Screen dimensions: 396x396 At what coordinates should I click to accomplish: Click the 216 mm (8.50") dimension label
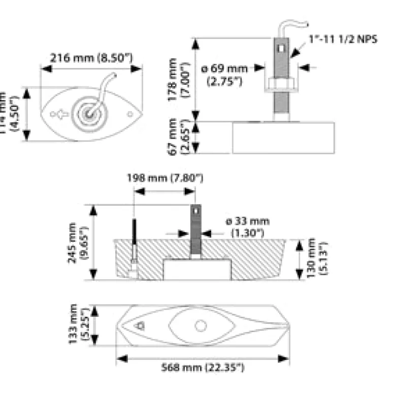pos(91,57)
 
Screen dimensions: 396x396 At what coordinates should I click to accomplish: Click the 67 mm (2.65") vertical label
pos(178,137)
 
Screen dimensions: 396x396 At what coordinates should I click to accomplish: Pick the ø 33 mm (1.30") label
pos(248,227)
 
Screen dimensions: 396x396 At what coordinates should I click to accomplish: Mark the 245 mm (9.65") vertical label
pos(77,242)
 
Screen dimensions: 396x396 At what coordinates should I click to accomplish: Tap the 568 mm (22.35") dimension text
pos(203,367)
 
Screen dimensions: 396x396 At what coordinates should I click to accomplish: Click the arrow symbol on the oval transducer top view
pos(61,115)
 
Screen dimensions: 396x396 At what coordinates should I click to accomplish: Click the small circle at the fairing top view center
pos(201,325)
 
